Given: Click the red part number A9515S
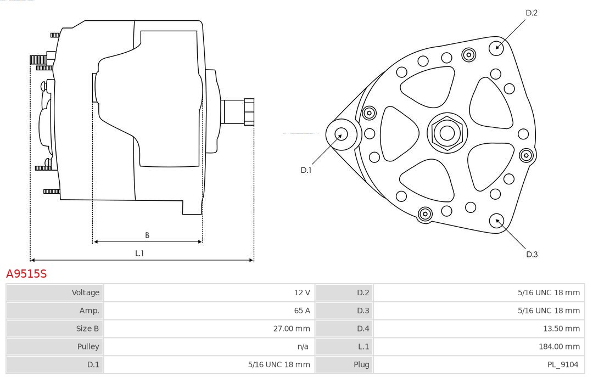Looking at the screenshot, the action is tap(26, 273).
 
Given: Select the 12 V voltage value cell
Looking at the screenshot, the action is tap(302, 292).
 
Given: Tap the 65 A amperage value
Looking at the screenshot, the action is tap(302, 311).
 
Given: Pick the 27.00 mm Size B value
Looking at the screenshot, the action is tap(291, 329).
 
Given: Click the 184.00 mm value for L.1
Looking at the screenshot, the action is tap(559, 346).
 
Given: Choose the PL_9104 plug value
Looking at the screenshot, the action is tap(563, 364).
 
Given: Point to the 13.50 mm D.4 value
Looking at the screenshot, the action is tap(561, 329).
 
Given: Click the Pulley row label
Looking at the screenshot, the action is tap(88, 346).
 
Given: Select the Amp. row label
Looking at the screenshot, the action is tap(89, 311).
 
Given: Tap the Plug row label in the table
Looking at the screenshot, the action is tap(361, 364).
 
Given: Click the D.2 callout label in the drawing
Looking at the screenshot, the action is tap(532, 13).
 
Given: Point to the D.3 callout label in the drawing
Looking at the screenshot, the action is tap(532, 255).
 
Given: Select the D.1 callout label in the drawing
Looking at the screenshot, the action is tap(306, 170).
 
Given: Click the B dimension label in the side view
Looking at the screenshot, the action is tap(147, 235).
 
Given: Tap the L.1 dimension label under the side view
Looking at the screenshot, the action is tap(139, 254).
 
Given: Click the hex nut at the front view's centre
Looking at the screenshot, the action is tap(447, 133).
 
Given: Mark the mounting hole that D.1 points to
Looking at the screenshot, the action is tap(342, 134).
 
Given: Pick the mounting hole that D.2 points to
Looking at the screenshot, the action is tap(496, 48).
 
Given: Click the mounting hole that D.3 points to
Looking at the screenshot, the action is tap(496, 221).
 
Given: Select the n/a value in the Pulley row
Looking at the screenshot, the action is tap(303, 346).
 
